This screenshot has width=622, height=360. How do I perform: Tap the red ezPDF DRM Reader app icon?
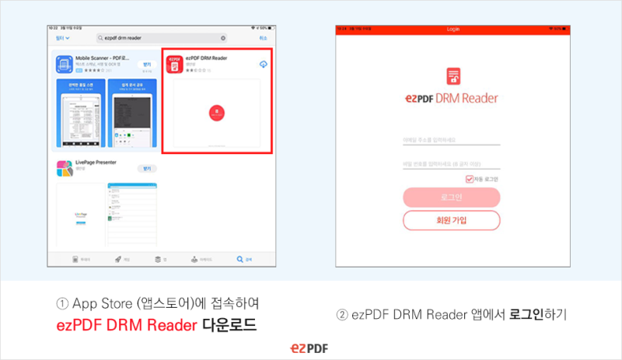coord(176,64)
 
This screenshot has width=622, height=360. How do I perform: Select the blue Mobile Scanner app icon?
coord(65,63)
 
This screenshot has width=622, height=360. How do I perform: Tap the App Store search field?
coord(162,37)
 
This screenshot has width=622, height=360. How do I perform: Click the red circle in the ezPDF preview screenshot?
coord(215,113)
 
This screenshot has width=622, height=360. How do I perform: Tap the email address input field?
coord(451,140)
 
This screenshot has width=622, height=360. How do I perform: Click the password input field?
coord(451,164)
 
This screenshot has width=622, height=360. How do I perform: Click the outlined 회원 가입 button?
coord(451,220)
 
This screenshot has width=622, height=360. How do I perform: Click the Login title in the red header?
coord(453,29)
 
